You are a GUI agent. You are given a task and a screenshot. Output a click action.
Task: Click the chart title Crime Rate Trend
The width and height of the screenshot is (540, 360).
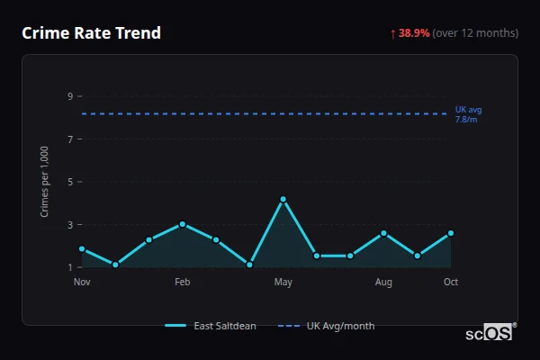[91, 33]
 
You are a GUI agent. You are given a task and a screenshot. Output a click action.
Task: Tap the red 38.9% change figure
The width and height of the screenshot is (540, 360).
[414, 33]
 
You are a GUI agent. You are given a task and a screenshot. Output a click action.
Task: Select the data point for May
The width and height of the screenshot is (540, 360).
[283, 199]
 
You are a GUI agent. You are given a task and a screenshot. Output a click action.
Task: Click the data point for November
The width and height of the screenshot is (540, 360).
[82, 248]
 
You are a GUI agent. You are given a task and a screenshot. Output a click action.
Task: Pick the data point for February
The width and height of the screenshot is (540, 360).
[183, 224]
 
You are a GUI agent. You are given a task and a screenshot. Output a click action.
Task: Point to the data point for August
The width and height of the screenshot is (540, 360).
[383, 233]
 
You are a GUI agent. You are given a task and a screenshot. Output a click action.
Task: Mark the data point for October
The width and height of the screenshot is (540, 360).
[451, 233]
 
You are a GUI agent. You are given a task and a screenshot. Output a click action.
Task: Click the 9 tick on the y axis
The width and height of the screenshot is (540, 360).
[70, 96]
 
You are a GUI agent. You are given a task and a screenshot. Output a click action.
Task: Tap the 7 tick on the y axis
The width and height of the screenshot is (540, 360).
[70, 139]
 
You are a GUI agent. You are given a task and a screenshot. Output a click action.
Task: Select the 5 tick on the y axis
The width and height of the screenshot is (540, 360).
[70, 182]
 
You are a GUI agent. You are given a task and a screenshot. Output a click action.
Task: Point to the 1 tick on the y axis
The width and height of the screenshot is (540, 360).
[70, 267]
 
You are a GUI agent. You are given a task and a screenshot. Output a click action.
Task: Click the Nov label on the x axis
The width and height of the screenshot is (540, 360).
[82, 283]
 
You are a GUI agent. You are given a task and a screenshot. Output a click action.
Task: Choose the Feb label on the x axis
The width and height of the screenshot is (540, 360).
[183, 283]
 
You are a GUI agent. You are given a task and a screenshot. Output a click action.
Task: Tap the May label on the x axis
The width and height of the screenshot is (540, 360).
[283, 283]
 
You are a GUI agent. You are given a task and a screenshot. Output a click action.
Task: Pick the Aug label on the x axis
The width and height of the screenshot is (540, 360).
[383, 283]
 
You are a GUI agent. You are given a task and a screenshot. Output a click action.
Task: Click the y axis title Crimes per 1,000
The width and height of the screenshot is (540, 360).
[45, 182]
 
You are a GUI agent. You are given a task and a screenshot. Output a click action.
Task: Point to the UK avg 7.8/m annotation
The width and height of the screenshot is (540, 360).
[468, 114]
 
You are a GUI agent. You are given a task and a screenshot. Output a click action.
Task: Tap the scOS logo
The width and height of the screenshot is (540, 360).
[490, 333]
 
